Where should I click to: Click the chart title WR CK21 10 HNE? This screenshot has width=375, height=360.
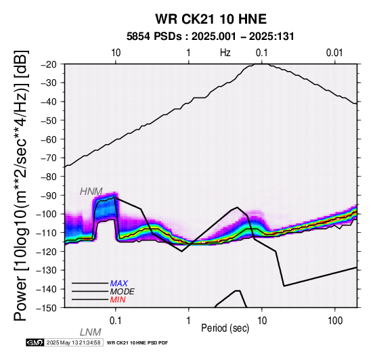(211, 19)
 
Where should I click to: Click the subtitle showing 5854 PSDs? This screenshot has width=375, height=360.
(211, 37)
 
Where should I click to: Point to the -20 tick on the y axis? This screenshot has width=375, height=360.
(49, 64)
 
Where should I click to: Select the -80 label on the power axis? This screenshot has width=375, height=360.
(49, 177)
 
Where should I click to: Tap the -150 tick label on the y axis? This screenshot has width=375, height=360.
(47, 308)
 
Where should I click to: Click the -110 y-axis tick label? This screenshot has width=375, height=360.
(47, 233)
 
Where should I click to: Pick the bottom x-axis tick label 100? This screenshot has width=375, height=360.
(335, 321)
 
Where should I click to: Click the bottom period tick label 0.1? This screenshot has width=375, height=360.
(116, 321)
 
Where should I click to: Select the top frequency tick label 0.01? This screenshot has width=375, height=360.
(334, 53)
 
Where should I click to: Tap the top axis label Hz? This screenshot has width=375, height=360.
(225, 53)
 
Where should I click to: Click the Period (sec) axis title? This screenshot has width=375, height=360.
(225, 328)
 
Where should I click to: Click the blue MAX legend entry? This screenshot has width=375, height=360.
(119, 284)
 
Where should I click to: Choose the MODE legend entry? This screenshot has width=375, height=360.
(123, 292)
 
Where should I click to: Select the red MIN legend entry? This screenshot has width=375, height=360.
(118, 300)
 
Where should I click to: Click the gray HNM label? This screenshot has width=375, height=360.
(91, 192)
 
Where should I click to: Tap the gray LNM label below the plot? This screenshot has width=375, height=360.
(91, 332)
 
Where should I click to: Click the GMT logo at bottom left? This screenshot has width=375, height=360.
(35, 342)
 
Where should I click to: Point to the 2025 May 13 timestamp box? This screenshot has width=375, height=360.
(74, 342)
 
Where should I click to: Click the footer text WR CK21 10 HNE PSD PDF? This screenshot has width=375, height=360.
(137, 343)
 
